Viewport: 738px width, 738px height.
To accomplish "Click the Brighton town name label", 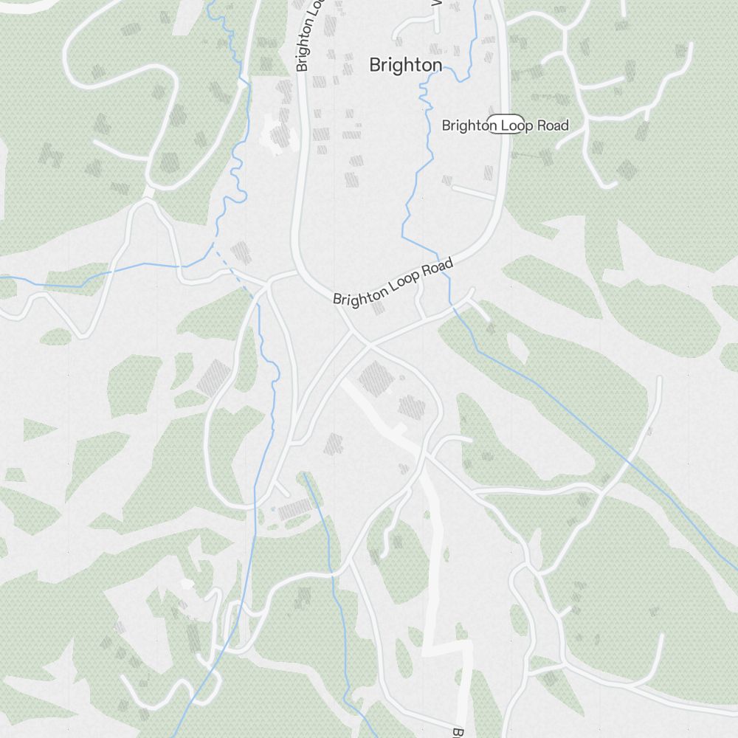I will click(x=405, y=65).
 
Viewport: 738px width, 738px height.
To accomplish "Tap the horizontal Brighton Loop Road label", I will click(x=505, y=125).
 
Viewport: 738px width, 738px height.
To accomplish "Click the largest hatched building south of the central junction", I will click(x=376, y=377).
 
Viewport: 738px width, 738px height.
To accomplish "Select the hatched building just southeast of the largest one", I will click(x=411, y=407).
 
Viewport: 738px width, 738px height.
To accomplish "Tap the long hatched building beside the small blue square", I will click(x=296, y=508).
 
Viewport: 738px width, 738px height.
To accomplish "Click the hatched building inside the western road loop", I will click(x=214, y=377).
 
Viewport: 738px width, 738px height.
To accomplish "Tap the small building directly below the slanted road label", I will click(x=379, y=307).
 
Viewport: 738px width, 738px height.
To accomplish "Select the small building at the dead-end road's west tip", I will click(x=446, y=179).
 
